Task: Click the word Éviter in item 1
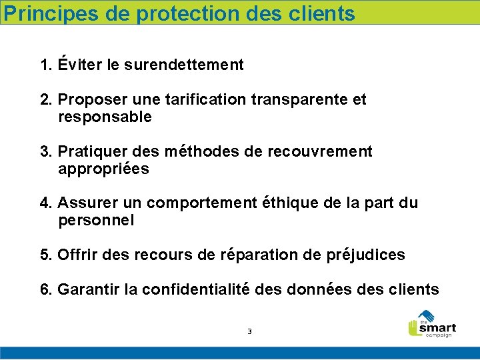pyautogui.click(x=79, y=65)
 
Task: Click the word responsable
pyautogui.click(x=105, y=117)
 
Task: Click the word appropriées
pyautogui.click(x=103, y=169)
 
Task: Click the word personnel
pyautogui.click(x=96, y=220)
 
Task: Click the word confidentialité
pyautogui.click(x=197, y=289)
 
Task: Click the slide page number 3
pyautogui.click(x=249, y=331)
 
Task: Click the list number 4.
pyautogui.click(x=45, y=203)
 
